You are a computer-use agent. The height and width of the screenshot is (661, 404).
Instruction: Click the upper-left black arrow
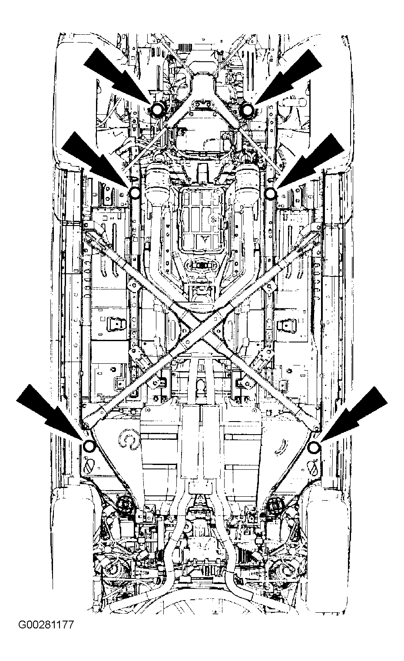[118, 78]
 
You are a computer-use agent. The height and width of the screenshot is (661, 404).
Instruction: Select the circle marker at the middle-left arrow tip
[135, 193]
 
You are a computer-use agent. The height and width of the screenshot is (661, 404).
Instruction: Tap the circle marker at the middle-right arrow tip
[270, 193]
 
